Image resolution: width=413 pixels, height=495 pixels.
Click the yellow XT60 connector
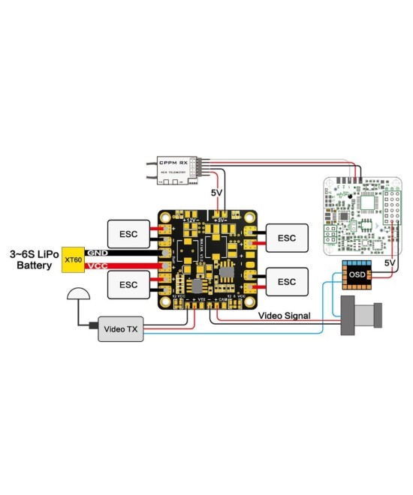[73, 260]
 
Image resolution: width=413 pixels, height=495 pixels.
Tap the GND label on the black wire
[98, 253]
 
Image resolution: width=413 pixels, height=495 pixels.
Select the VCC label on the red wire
[98, 266]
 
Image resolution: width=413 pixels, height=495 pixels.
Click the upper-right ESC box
[287, 238]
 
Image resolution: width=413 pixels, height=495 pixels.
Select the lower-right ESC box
[287, 281]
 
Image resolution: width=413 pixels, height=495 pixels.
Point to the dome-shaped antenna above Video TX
[77, 296]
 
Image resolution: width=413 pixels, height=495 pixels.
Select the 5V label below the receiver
[217, 193]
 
